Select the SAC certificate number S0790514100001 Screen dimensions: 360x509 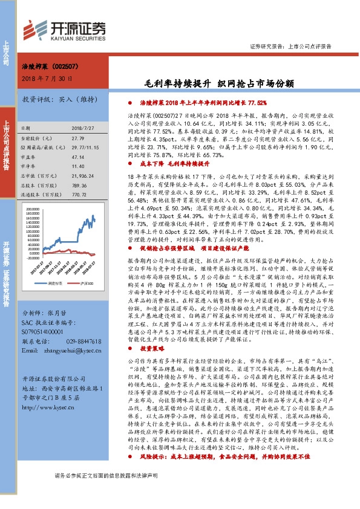(46, 332)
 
